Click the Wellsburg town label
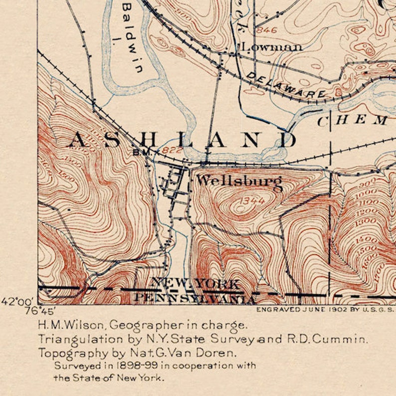(x=239, y=181)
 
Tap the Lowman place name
(x=272, y=47)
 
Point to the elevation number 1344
(x=251, y=200)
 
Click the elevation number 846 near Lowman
(x=266, y=30)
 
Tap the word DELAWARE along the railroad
(x=286, y=85)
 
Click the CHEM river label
(x=353, y=120)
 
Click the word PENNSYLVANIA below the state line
(x=195, y=298)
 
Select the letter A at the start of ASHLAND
(x=77, y=141)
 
